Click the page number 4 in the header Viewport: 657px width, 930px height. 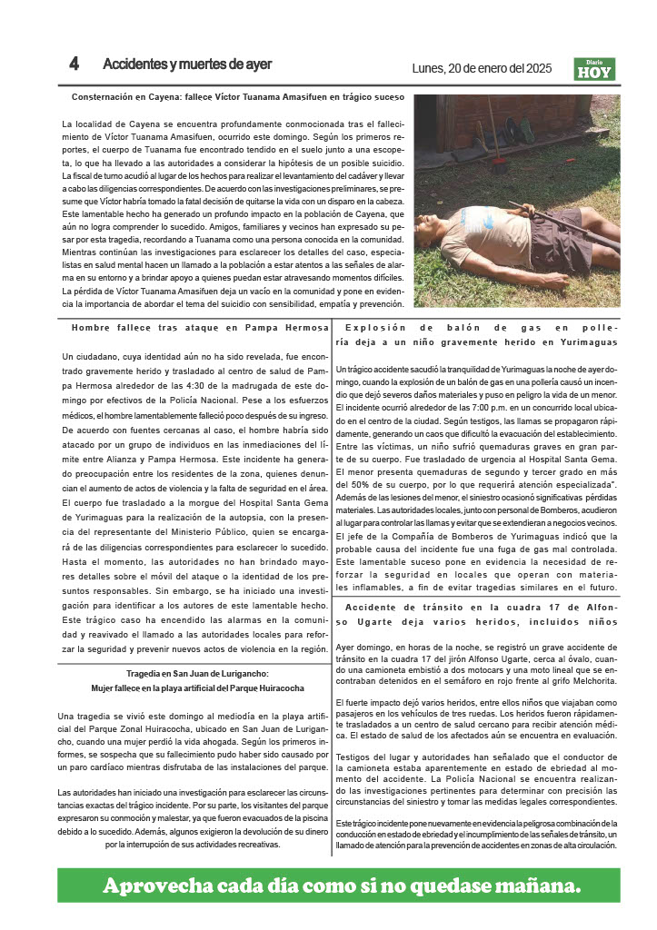click(74, 64)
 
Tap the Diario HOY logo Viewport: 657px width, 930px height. click(594, 69)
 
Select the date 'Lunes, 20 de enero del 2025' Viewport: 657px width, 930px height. click(482, 67)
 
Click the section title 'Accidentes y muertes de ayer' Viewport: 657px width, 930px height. click(187, 64)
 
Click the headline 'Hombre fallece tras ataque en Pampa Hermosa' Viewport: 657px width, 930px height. click(200, 328)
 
